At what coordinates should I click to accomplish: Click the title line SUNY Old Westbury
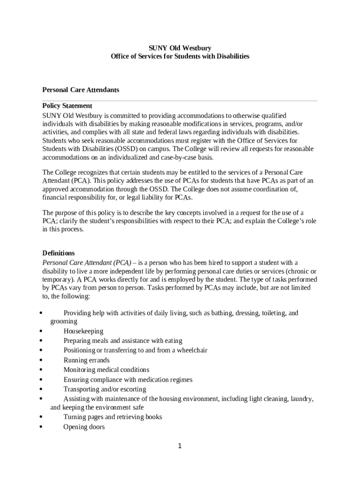click(180, 48)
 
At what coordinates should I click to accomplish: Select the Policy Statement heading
click(67, 106)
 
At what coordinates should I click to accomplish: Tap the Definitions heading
click(58, 253)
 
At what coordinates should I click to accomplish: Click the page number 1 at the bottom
click(180, 446)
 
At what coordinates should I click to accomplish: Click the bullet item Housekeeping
click(83, 331)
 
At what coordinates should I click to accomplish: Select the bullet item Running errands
click(86, 360)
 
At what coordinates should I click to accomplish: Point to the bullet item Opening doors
click(84, 427)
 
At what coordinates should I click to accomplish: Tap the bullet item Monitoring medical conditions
click(107, 370)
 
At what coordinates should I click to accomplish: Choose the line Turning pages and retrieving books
click(113, 417)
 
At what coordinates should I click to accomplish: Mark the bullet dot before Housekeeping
click(42, 331)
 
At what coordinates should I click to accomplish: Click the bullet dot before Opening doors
click(42, 427)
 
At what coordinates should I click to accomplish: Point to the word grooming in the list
click(64, 322)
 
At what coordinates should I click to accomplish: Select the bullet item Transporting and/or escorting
click(105, 389)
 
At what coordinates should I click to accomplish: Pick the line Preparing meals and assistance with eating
click(123, 341)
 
